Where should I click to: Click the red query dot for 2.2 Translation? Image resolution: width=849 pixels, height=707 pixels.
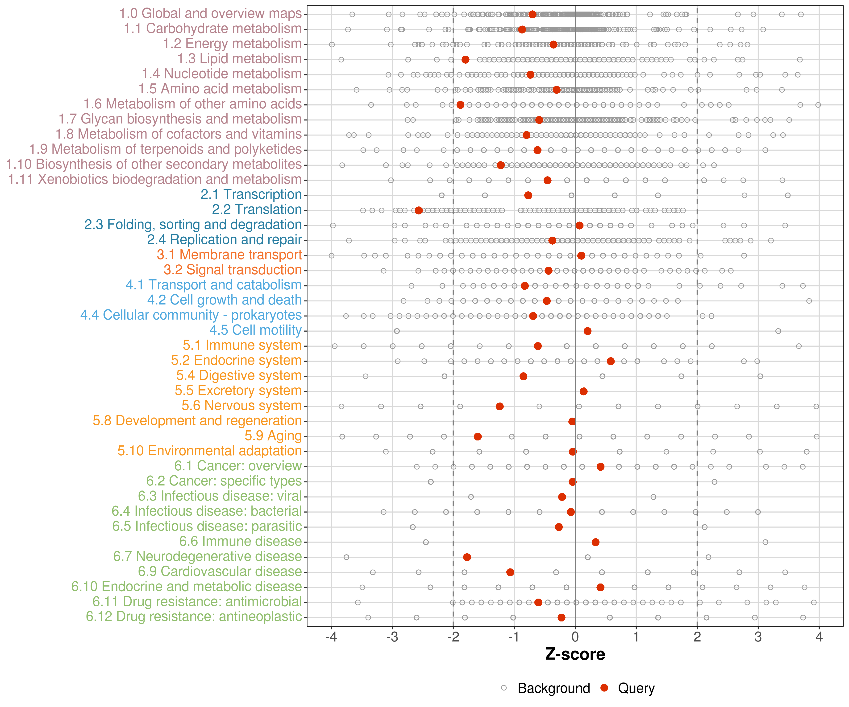[x=418, y=210]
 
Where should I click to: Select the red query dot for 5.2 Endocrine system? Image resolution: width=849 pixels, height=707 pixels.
[x=611, y=361]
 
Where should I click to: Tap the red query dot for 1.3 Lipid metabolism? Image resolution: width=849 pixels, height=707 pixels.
[x=465, y=60]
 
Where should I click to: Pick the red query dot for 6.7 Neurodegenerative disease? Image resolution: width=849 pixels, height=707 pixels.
[x=467, y=557]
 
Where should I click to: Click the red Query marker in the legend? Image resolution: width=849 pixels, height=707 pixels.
[x=604, y=688]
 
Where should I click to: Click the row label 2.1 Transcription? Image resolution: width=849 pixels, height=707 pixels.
[x=251, y=194]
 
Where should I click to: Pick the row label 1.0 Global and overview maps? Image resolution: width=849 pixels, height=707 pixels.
[x=210, y=13]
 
